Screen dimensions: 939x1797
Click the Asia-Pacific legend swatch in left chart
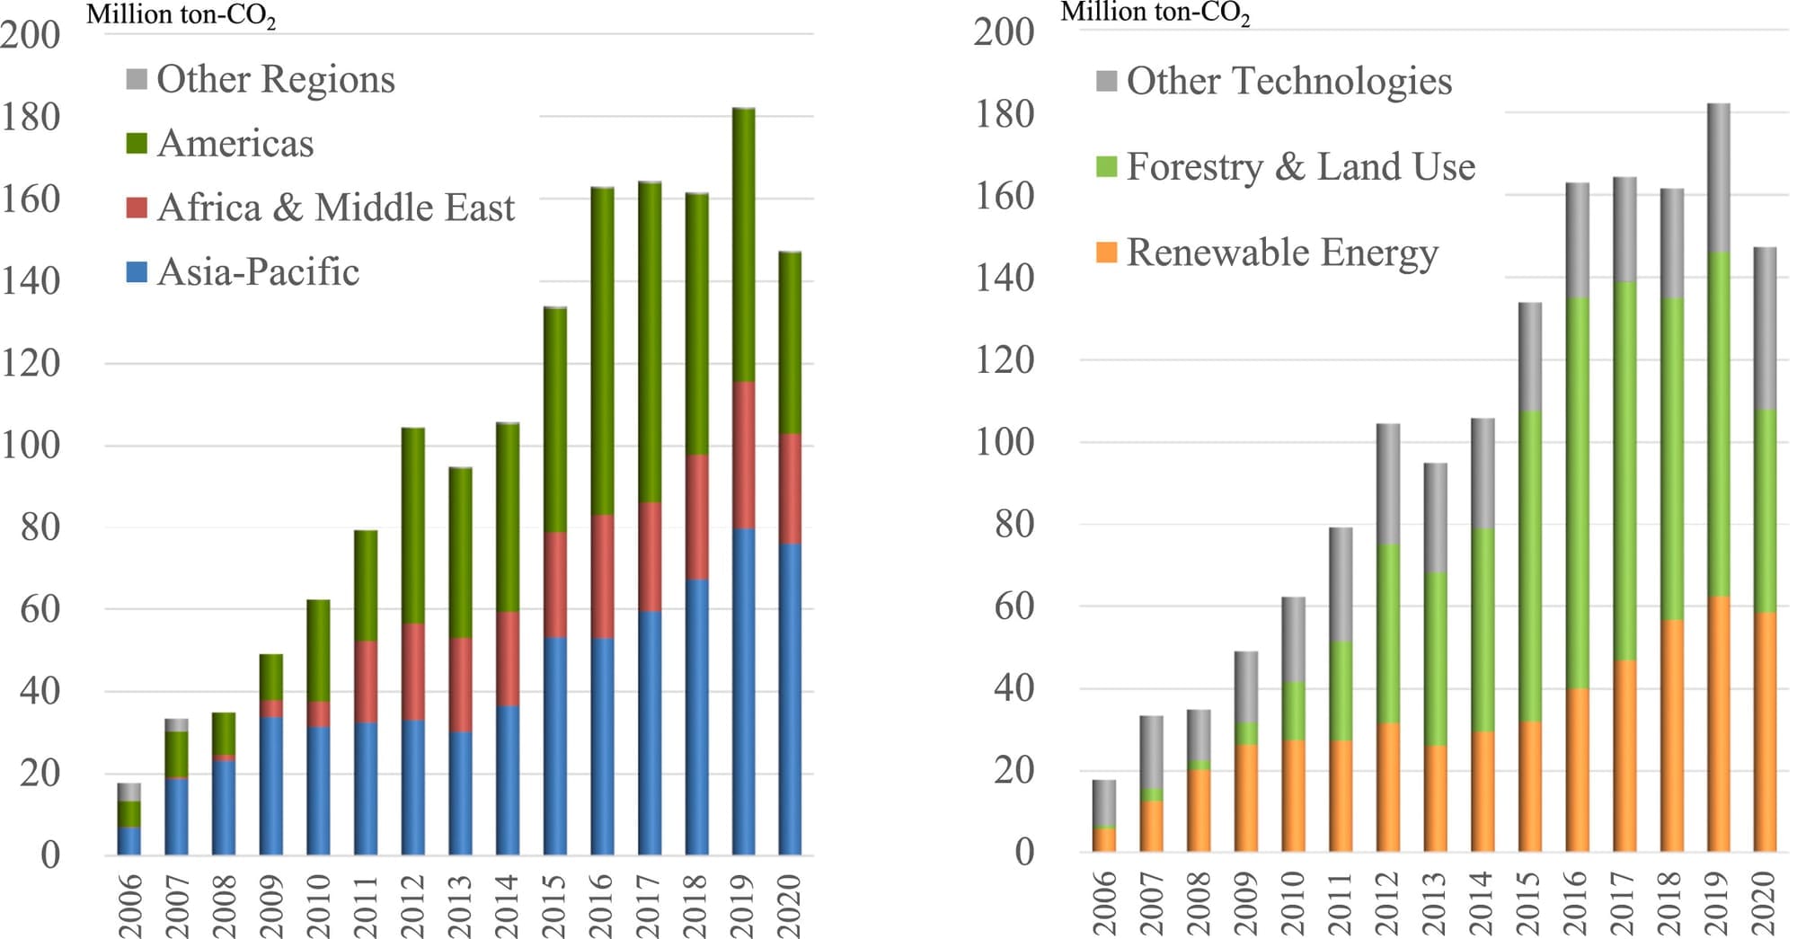[x=137, y=272]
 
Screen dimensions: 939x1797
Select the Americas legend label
[x=235, y=144]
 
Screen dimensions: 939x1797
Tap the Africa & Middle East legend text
[x=335, y=208]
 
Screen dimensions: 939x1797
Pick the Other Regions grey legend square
[x=137, y=79]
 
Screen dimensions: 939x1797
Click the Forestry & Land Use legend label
[x=1300, y=167]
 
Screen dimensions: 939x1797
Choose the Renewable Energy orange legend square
[x=1107, y=252]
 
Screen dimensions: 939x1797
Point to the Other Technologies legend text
[x=1288, y=81]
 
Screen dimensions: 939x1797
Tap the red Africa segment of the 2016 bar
[x=602, y=576]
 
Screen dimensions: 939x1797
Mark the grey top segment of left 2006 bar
[x=129, y=792]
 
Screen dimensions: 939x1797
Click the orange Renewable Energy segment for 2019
[x=1718, y=723]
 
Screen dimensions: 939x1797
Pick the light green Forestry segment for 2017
[x=1624, y=471]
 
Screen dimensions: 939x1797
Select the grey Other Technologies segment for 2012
[x=1388, y=483]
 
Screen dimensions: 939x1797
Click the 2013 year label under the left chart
[x=460, y=905]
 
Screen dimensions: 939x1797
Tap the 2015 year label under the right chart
[x=1529, y=902]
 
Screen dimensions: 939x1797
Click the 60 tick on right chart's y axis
[x=1014, y=607]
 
